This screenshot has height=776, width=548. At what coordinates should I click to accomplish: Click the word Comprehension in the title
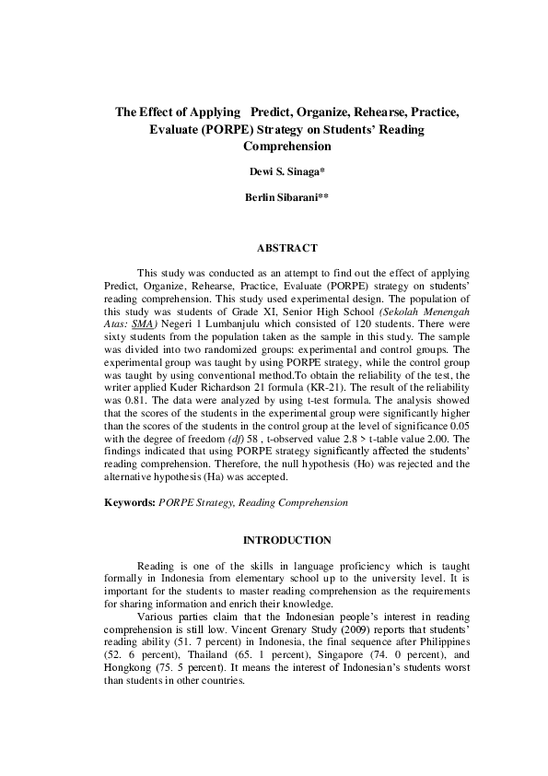[286, 146]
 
